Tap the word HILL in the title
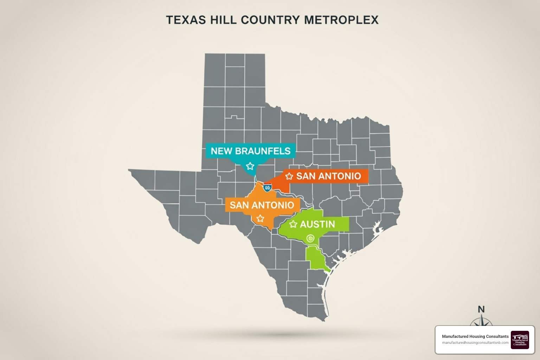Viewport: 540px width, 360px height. (x=223, y=20)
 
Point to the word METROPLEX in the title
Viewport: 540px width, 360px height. (x=341, y=20)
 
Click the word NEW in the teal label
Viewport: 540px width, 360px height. (x=221, y=151)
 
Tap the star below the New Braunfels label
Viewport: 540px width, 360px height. (x=250, y=166)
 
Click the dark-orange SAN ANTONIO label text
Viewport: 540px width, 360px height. (x=328, y=176)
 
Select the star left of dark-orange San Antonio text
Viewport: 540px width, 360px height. (x=289, y=176)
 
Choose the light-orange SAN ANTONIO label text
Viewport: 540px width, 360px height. (x=262, y=205)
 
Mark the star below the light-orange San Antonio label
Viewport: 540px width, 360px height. (x=260, y=219)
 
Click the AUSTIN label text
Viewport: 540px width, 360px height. (x=317, y=224)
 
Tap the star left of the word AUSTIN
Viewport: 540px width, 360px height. (x=293, y=224)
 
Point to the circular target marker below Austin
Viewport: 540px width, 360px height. (x=310, y=238)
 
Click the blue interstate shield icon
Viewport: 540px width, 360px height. (x=267, y=188)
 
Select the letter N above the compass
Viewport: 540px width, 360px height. (x=481, y=309)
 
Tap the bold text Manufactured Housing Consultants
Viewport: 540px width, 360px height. (x=475, y=336)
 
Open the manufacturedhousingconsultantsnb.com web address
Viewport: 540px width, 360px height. (x=475, y=343)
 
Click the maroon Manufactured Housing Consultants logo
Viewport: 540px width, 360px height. (x=520, y=340)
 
